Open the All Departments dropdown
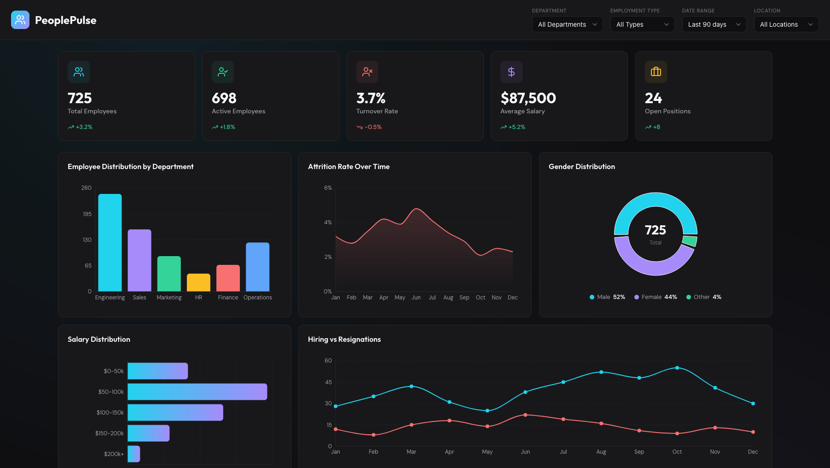pos(567,24)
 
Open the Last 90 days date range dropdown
pos(714,24)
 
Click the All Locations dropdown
pos(786,24)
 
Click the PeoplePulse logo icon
pos(20,20)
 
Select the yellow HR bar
pos(198,282)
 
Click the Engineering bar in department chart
pos(110,243)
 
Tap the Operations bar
pos(257,267)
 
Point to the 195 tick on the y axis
pos(87,214)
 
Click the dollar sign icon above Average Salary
pos(511,72)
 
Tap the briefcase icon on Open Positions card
pos(656,72)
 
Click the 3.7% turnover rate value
pos(371,98)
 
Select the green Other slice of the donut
pos(690,241)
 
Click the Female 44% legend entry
pos(656,297)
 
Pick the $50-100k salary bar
pos(197,392)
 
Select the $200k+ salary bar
pos(133,454)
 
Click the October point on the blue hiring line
pos(677,368)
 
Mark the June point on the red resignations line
pos(525,415)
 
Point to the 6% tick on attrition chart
pos(328,188)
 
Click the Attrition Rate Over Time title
pos(348,167)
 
